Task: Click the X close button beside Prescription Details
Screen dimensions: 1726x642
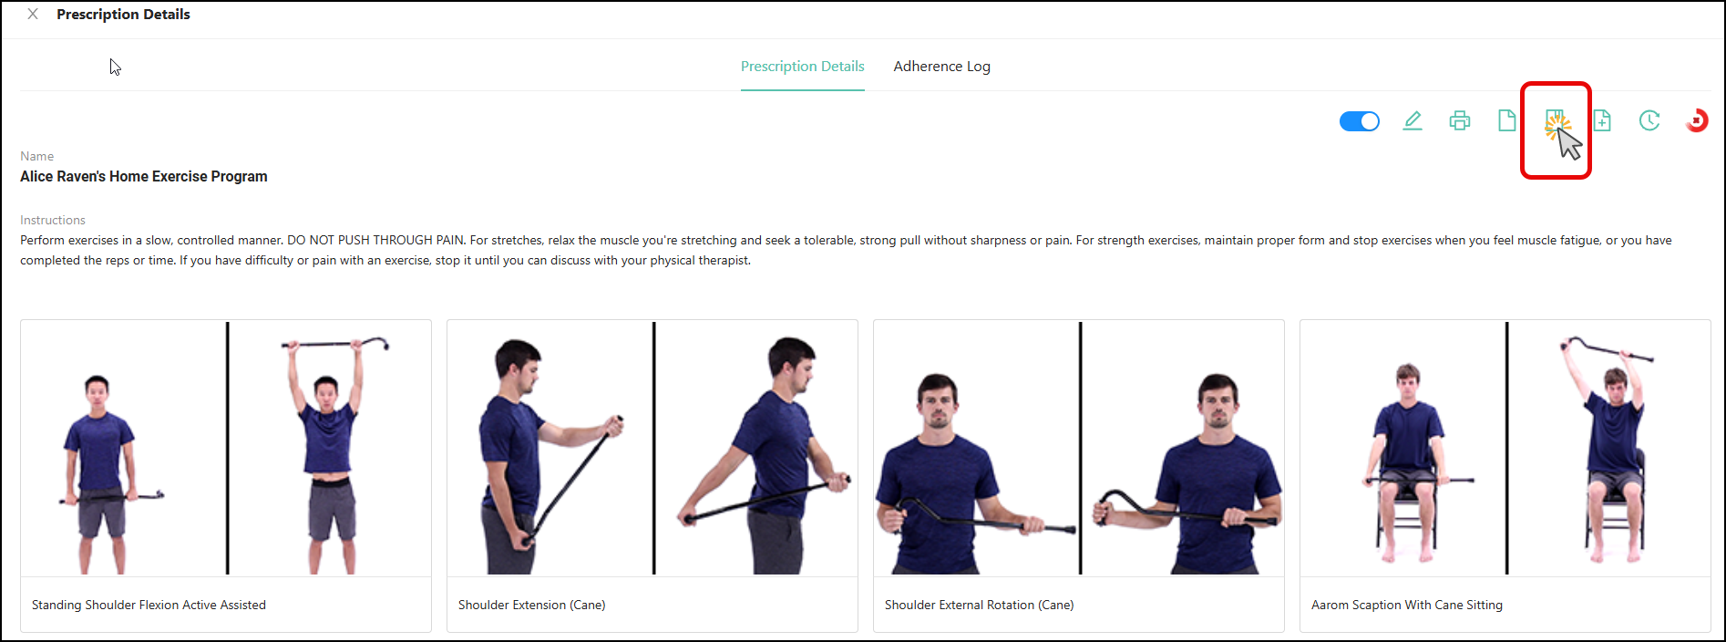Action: tap(33, 15)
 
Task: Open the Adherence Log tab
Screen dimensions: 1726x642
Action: tap(941, 67)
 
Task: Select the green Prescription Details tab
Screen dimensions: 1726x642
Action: tap(802, 67)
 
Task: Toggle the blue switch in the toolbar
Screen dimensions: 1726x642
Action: tap(1359, 121)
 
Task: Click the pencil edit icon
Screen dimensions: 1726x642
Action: tap(1413, 120)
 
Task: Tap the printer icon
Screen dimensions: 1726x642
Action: tap(1460, 120)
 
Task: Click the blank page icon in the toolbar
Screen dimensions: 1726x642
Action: tap(1507, 120)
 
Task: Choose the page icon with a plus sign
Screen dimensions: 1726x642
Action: tap(1602, 120)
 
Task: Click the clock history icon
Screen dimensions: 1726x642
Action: tap(1649, 120)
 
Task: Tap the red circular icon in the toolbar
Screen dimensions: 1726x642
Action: tap(1697, 120)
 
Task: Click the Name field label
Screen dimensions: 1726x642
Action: tap(37, 156)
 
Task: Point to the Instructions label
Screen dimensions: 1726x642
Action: tap(53, 220)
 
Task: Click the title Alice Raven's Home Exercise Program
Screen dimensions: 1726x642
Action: tap(144, 176)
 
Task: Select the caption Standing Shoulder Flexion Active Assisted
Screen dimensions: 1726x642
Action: tap(149, 605)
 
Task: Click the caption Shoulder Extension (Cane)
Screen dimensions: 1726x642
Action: tap(531, 605)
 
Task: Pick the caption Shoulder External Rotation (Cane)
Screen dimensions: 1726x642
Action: tap(979, 605)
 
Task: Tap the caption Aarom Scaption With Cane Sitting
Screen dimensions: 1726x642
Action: tap(1407, 605)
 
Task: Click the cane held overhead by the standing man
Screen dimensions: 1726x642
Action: tap(335, 345)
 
